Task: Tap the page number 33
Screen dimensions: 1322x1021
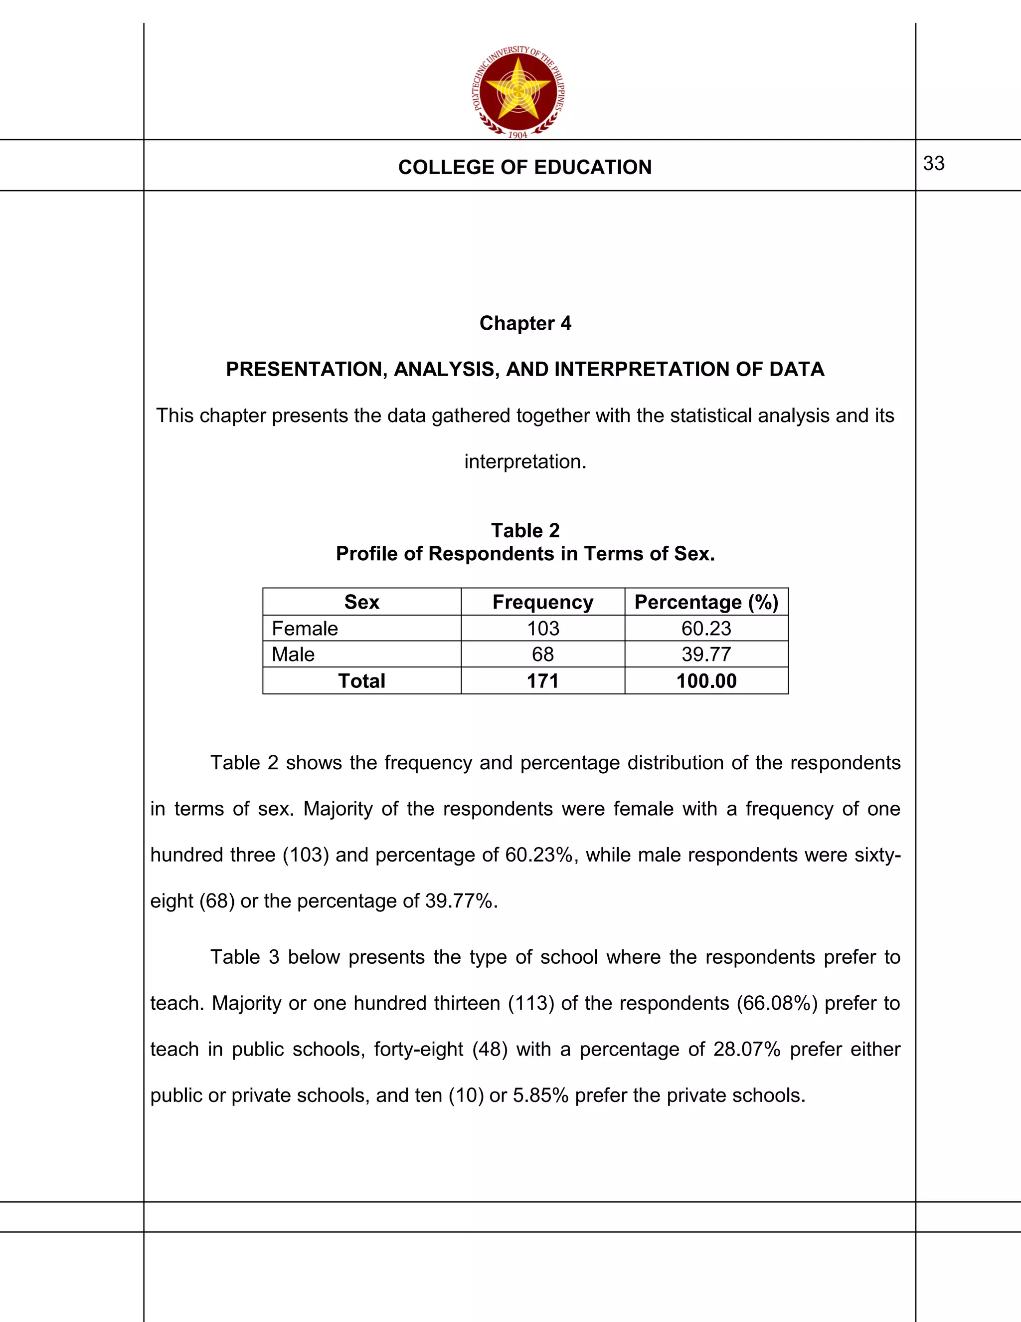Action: pyautogui.click(x=933, y=164)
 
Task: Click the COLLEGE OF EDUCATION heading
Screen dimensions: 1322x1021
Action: pyautogui.click(x=524, y=167)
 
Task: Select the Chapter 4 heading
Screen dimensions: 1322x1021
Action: pyautogui.click(x=524, y=323)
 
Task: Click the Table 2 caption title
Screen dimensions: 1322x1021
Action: pyautogui.click(x=524, y=530)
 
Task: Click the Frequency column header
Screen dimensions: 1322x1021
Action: pyautogui.click(x=542, y=602)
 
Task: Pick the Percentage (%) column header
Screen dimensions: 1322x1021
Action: pyautogui.click(x=706, y=602)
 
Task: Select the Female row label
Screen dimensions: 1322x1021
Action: pyautogui.click(x=304, y=628)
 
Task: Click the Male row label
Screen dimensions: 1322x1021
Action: pyautogui.click(x=293, y=655)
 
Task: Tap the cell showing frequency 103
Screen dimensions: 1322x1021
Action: pyautogui.click(x=542, y=628)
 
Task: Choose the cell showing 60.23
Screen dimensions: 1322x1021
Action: pyautogui.click(x=706, y=628)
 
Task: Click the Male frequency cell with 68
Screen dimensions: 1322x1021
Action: pyautogui.click(x=542, y=655)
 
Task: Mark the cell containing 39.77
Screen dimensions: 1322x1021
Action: pyautogui.click(x=706, y=655)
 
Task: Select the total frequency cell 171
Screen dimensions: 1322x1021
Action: pyautogui.click(x=542, y=681)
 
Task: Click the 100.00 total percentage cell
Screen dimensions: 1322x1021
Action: pyautogui.click(x=706, y=681)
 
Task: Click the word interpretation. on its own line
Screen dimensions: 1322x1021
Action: pyautogui.click(x=524, y=462)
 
